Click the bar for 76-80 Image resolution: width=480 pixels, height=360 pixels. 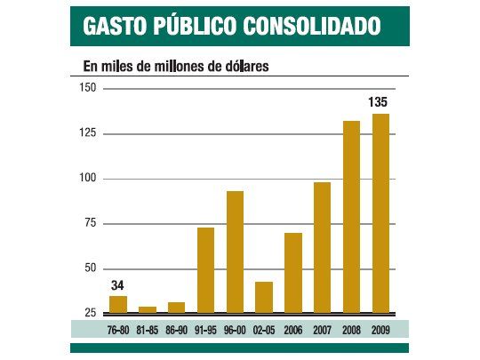click(x=117, y=304)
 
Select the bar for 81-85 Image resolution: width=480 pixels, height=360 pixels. click(x=147, y=309)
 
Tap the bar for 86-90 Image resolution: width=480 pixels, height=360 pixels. click(x=176, y=308)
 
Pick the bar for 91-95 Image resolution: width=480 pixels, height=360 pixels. click(x=205, y=270)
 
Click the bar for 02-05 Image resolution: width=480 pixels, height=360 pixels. click(x=264, y=297)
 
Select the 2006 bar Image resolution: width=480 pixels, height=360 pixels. click(x=293, y=273)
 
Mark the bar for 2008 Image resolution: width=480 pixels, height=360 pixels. click(x=351, y=217)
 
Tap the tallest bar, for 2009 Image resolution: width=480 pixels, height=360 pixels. click(x=380, y=213)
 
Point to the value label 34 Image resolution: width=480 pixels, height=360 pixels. click(x=117, y=286)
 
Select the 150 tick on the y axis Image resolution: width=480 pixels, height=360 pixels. click(x=88, y=87)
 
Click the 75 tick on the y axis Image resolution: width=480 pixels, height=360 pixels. click(x=91, y=223)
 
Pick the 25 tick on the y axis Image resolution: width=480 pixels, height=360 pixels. click(x=91, y=313)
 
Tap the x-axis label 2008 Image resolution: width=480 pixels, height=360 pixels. click(x=351, y=329)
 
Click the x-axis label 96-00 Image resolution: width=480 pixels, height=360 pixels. click(x=235, y=329)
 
